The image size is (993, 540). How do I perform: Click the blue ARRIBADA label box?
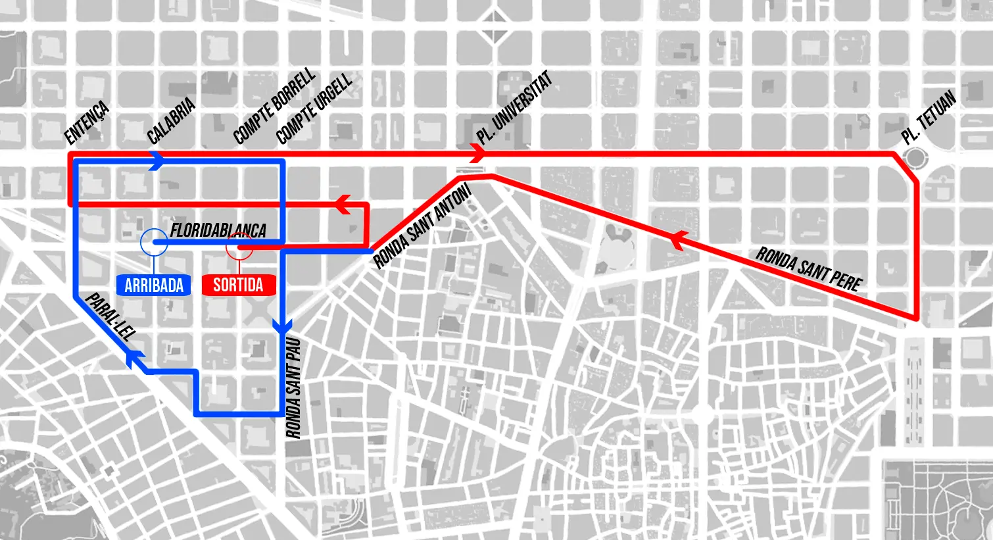[x=154, y=285]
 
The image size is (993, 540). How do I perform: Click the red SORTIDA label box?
[x=238, y=285]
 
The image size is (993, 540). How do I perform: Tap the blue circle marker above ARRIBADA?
[x=154, y=241]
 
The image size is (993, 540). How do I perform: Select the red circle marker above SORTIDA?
[x=239, y=247]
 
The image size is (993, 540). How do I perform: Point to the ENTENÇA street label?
[x=87, y=123]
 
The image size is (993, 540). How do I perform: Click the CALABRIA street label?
[x=171, y=121]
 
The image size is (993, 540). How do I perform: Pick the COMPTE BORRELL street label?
[x=274, y=107]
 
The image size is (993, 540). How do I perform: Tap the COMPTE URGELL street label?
[x=314, y=110]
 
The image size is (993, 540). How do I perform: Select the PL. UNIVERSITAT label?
[x=514, y=107]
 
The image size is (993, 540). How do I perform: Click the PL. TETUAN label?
[x=929, y=118]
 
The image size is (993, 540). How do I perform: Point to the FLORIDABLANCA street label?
[x=218, y=230]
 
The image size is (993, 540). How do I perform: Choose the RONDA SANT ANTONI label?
[x=422, y=226]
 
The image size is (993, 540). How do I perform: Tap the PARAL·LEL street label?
[x=110, y=316]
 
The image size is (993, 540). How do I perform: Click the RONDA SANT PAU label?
[x=293, y=387]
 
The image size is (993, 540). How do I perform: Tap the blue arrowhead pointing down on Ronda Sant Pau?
[x=282, y=325]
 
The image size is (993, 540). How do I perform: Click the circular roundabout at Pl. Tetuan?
[x=914, y=158]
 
